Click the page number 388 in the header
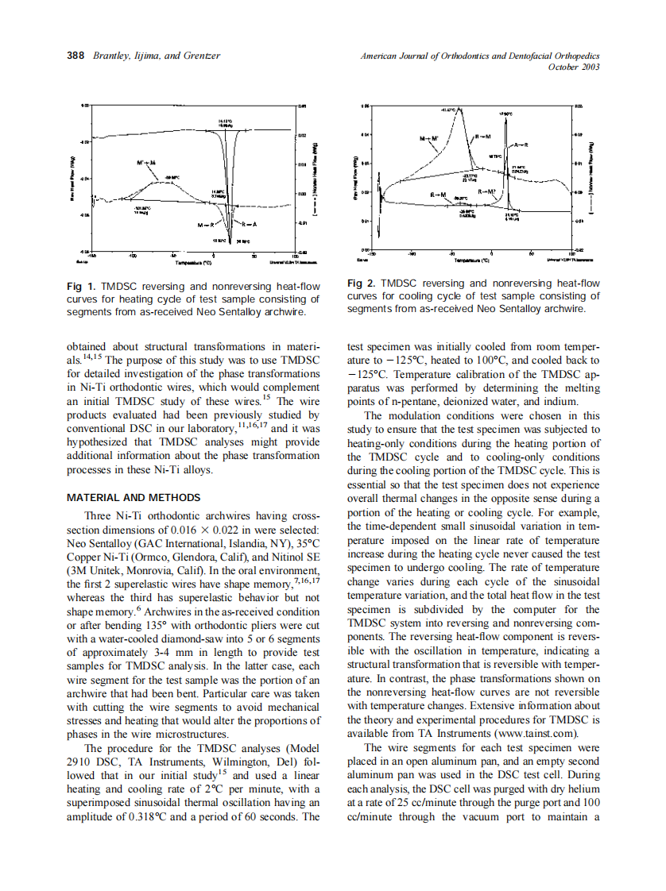click(76, 56)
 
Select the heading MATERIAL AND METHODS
click(134, 497)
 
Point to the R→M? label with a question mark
click(487, 191)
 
